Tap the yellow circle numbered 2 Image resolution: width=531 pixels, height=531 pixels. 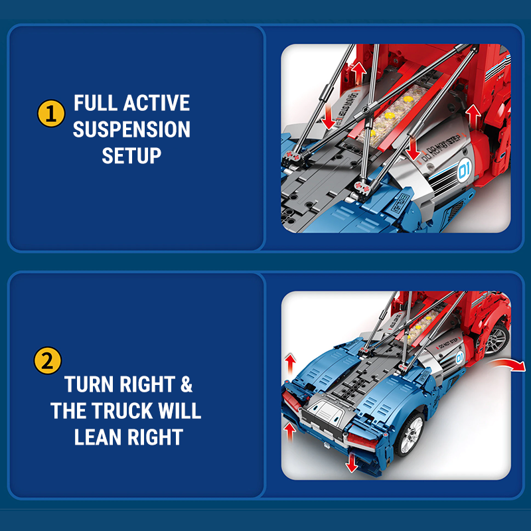coord(47,362)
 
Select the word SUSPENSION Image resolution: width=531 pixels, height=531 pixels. coord(131,129)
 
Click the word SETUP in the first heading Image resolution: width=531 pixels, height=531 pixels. coord(131,156)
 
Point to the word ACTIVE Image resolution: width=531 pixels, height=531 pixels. coord(157,104)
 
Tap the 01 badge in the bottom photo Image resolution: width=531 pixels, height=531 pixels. coord(457,359)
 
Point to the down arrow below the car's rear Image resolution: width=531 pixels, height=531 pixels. coord(352,463)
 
